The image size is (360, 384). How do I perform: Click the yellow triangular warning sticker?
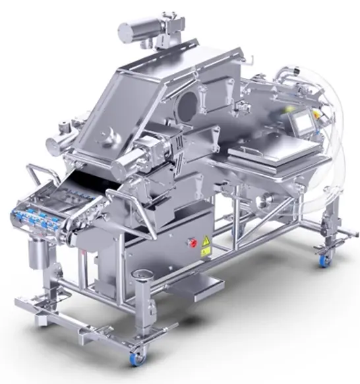point(205,241)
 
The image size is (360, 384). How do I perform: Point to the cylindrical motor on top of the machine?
point(140,29)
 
